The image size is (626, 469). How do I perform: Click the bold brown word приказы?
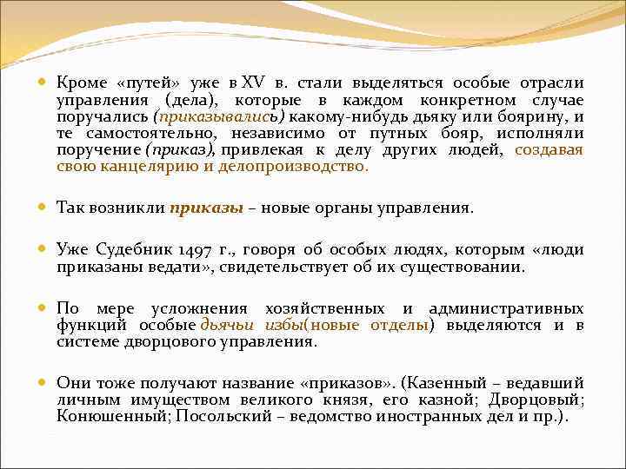pos(204,208)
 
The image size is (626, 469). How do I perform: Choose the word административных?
pos(511,308)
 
